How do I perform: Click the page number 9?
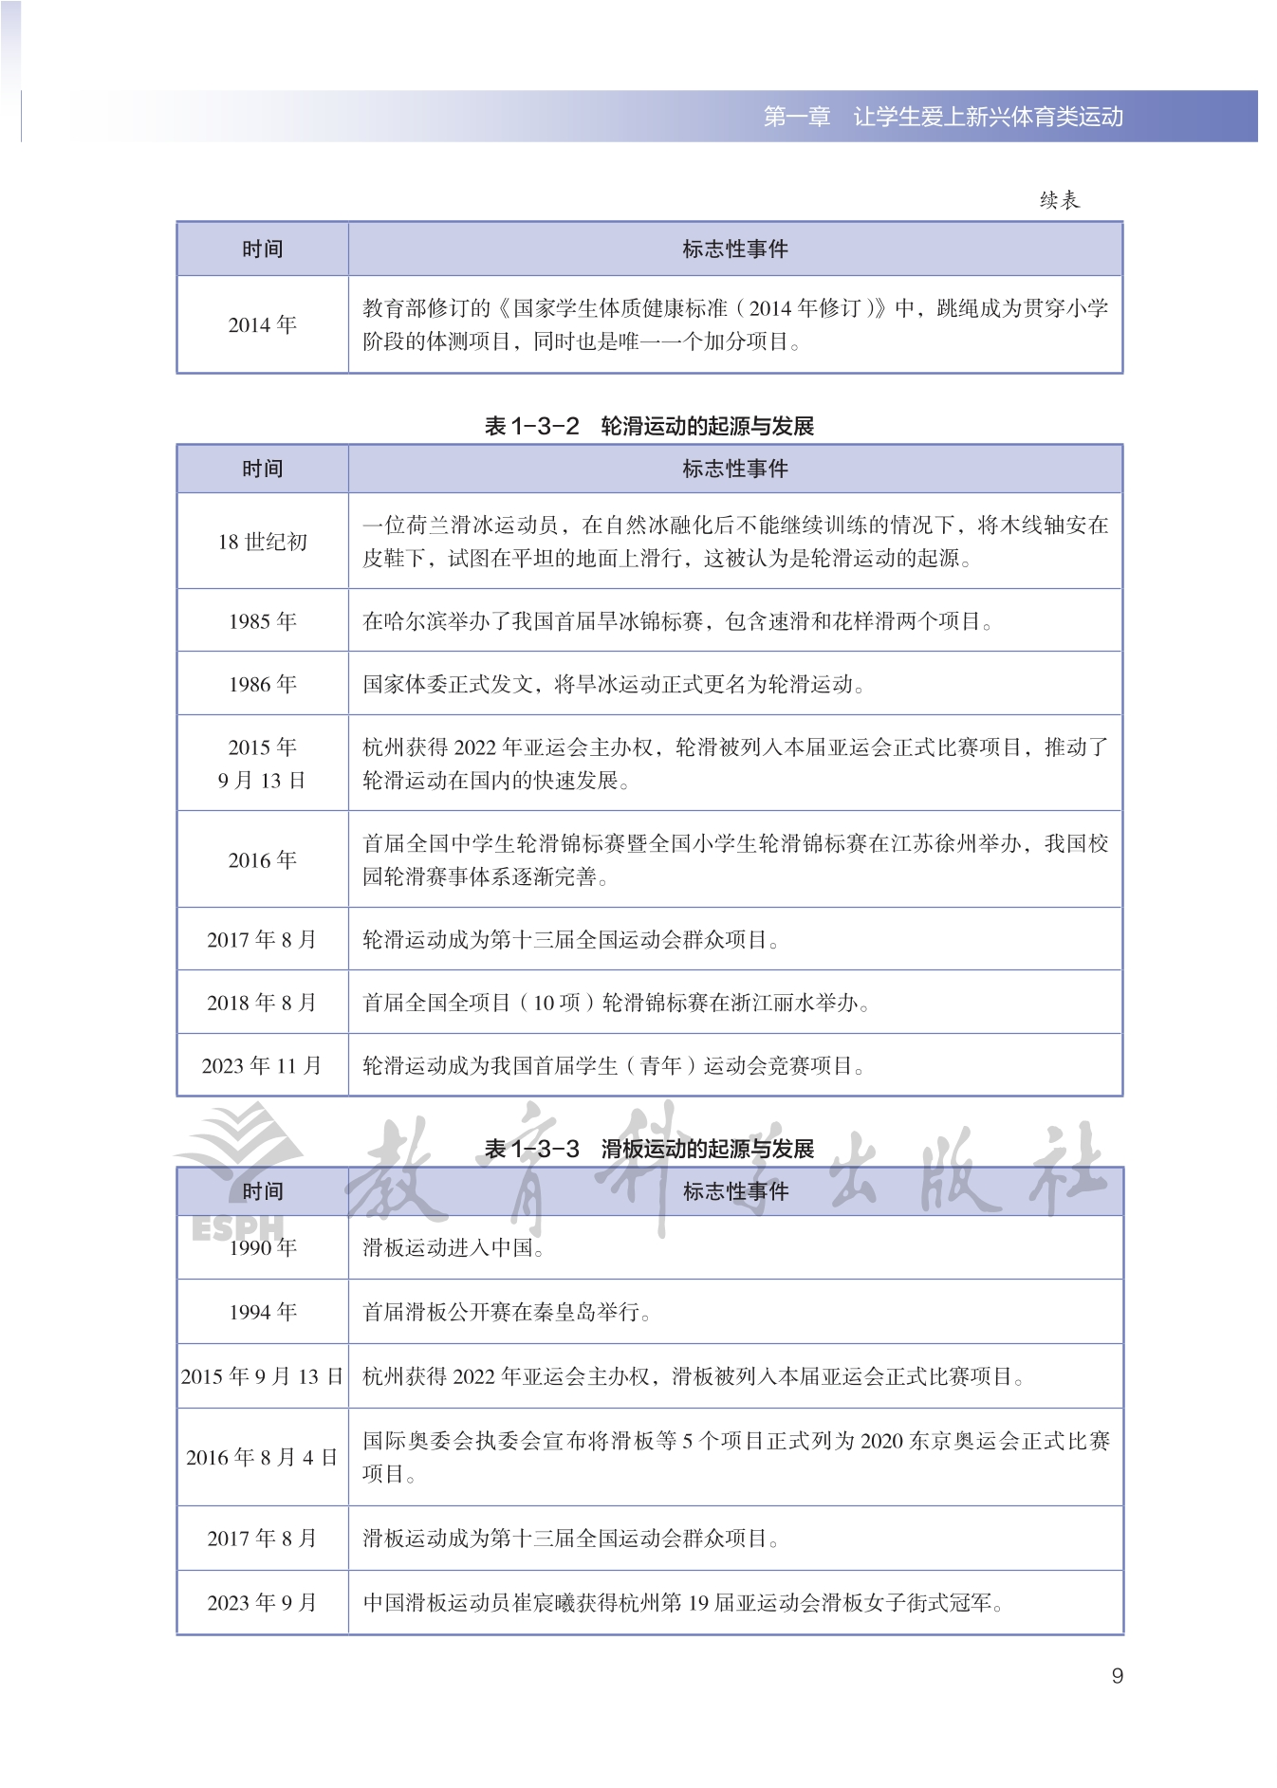pos(1117,1675)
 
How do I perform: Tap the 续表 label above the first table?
pos(1059,200)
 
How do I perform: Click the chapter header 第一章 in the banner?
pos(796,117)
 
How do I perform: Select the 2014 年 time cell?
pos(262,324)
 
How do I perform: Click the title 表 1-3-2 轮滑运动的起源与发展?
pos(649,426)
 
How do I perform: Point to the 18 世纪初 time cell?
pos(262,542)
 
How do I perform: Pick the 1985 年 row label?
pos(262,621)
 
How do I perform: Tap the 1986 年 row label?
pos(262,684)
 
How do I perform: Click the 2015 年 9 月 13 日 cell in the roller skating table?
pos(262,764)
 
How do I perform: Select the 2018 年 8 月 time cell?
pos(262,1003)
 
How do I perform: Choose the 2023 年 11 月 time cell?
pos(262,1065)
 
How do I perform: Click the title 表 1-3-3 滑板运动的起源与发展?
pos(649,1149)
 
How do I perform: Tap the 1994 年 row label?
pos(262,1312)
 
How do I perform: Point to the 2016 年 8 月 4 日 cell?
pos(262,1457)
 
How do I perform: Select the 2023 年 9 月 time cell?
pos(262,1602)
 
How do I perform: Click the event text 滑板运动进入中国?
pos(453,1247)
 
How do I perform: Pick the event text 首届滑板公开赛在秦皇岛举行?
pos(506,1312)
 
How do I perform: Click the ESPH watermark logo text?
pos(237,1228)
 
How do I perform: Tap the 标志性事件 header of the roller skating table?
pos(735,469)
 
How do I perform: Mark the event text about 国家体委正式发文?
pos(613,684)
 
